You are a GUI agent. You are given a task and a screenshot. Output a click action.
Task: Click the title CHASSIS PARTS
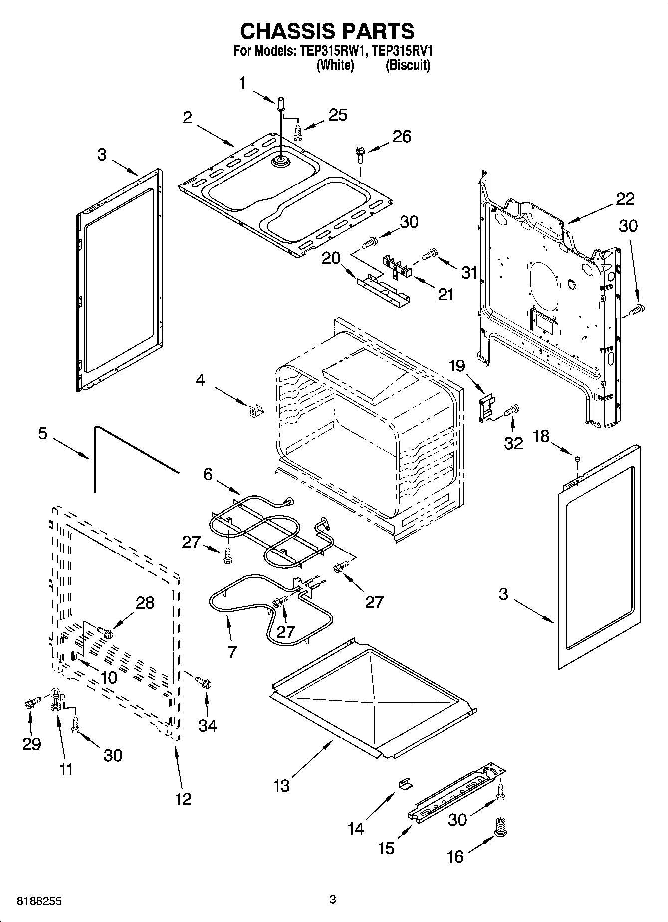327,31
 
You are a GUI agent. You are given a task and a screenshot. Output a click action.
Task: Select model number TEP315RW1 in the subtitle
333,51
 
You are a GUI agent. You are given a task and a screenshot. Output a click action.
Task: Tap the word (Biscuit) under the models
408,65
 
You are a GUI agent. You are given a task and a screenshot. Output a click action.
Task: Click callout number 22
625,199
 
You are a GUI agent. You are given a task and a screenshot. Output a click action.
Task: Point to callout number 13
281,786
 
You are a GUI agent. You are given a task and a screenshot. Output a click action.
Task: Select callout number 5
43,433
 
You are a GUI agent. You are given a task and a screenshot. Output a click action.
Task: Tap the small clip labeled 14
406,784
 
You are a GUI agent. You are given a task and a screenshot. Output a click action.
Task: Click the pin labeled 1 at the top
280,105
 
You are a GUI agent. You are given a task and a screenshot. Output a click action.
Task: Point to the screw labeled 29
29,704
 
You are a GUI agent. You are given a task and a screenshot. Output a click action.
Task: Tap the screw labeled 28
105,632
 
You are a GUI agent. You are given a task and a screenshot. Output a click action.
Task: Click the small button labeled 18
577,459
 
